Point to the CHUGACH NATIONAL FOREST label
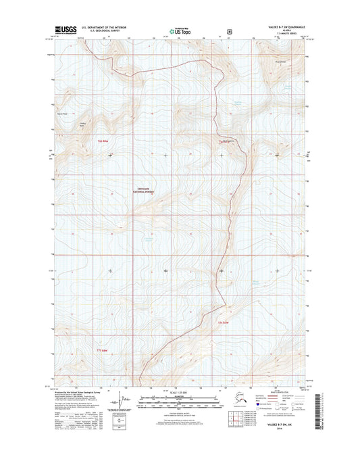pos(145,192)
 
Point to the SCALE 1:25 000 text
pos(180,393)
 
